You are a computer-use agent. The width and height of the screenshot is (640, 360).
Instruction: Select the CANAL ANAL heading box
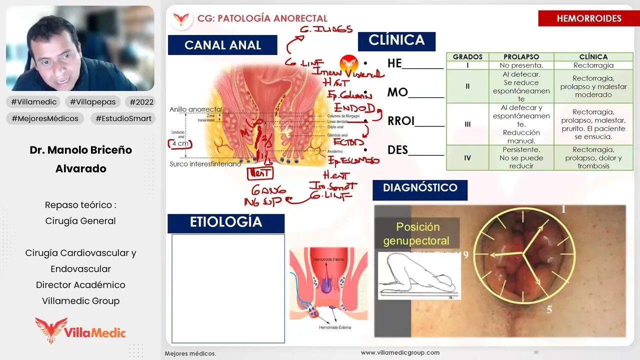tap(222, 45)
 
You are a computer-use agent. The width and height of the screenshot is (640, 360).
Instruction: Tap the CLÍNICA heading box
tap(396, 40)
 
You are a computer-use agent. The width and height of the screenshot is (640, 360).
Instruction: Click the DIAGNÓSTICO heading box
tap(420, 188)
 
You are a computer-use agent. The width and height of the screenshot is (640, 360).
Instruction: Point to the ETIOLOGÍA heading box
tap(226, 222)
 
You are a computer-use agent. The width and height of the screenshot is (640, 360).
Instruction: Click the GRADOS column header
tap(467, 57)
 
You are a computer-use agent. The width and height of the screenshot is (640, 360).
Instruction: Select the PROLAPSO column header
tap(521, 57)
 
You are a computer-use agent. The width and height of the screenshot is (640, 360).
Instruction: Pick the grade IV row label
tap(467, 157)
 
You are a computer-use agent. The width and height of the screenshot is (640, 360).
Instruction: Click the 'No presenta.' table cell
tap(521, 65)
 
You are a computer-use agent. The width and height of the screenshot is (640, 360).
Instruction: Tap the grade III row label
tap(467, 124)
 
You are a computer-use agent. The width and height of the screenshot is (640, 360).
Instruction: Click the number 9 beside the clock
tap(465, 255)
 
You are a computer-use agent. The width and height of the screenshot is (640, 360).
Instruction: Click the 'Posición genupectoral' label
tap(416, 233)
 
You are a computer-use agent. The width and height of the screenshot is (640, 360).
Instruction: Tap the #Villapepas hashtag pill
tap(92, 102)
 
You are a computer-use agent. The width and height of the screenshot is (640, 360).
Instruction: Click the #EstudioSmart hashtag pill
tap(122, 118)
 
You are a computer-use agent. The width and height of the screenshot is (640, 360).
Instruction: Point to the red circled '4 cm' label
tap(180, 143)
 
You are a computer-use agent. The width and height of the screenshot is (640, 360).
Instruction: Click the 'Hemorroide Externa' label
tap(335, 327)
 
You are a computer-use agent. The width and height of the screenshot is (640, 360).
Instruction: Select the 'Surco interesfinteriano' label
tap(205, 164)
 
